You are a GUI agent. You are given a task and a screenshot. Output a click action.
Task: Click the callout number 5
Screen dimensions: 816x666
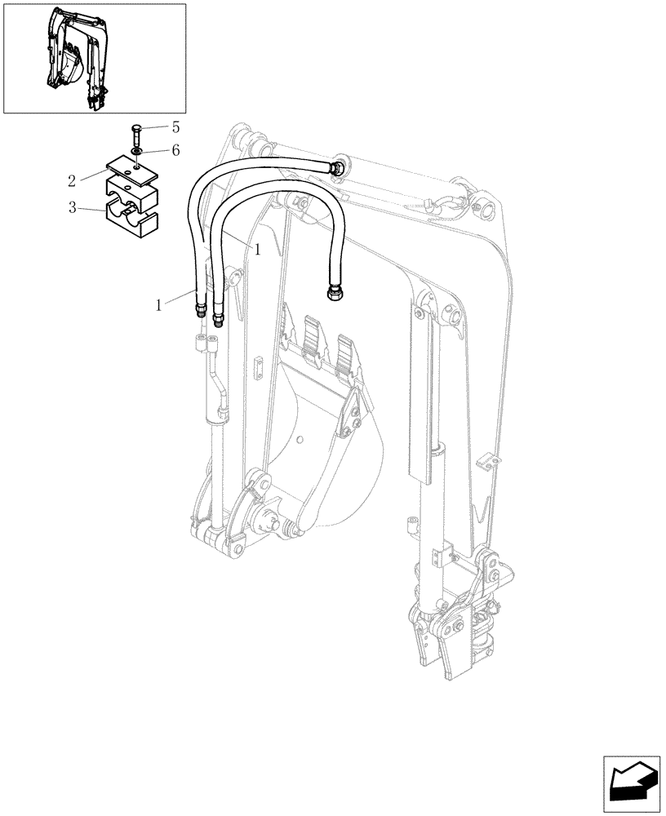tap(175, 127)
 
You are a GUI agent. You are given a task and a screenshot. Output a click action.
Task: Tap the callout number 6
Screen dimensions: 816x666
tap(175, 151)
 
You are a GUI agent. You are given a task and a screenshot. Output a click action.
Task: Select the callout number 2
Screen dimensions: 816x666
tap(72, 179)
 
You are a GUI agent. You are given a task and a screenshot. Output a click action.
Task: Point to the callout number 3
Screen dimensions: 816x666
tap(72, 208)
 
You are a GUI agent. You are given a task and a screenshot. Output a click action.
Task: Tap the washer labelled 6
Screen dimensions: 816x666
tap(135, 152)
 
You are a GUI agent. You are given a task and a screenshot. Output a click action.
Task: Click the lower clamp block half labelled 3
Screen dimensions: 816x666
tap(131, 211)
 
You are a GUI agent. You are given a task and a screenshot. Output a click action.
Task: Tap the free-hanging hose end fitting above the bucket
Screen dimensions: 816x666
tap(334, 291)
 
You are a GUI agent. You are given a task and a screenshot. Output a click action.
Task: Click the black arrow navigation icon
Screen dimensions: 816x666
tap(630, 779)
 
